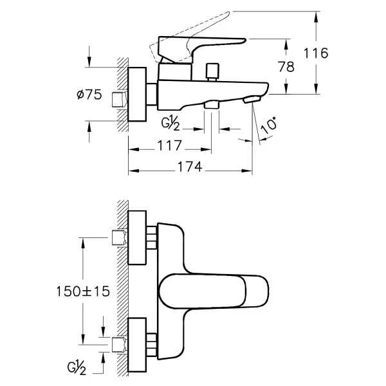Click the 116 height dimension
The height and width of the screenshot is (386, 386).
[316, 53]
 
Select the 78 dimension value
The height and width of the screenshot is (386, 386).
[286, 67]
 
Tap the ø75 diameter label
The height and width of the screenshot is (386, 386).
[89, 95]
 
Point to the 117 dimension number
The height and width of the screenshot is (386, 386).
[169, 145]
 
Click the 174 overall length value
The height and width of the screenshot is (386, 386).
[190, 167]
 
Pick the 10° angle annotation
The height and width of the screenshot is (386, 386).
[269, 125]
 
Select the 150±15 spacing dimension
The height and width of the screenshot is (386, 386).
[83, 291]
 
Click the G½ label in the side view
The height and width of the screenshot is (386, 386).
[170, 124]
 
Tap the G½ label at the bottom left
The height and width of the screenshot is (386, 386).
[77, 368]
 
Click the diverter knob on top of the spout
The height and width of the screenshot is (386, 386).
[213, 72]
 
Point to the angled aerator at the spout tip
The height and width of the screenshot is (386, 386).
[252, 100]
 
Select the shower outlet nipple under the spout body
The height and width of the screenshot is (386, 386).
[212, 104]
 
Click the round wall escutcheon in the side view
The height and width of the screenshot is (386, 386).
[137, 95]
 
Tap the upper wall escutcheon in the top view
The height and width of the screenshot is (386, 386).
[137, 237]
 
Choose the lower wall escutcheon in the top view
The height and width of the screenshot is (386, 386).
[137, 345]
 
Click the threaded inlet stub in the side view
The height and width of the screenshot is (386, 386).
[120, 100]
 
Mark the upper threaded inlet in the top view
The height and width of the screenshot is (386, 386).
[120, 237]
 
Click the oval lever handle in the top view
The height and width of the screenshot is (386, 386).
[214, 291]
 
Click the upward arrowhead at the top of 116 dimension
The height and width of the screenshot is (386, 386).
[316, 17]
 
